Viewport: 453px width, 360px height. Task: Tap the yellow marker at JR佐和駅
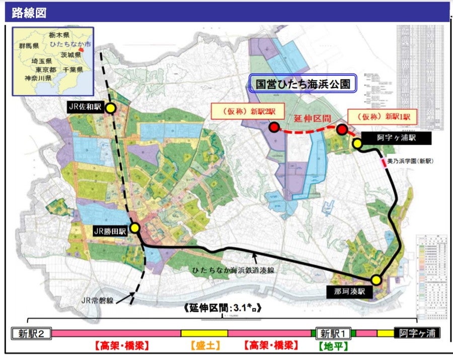tap(111, 108)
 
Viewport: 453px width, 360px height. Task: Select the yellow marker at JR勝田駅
tap(134, 228)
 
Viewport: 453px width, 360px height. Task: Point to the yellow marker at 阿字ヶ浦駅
tap(357, 144)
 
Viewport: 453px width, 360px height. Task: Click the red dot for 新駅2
tap(274, 128)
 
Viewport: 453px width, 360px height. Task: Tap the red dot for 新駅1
tap(342, 130)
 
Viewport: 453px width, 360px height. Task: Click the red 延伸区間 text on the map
tap(312, 119)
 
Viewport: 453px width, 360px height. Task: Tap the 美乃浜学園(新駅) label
tap(411, 161)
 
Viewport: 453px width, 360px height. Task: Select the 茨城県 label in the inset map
tap(70, 54)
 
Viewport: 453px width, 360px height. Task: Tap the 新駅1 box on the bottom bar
tap(333, 333)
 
